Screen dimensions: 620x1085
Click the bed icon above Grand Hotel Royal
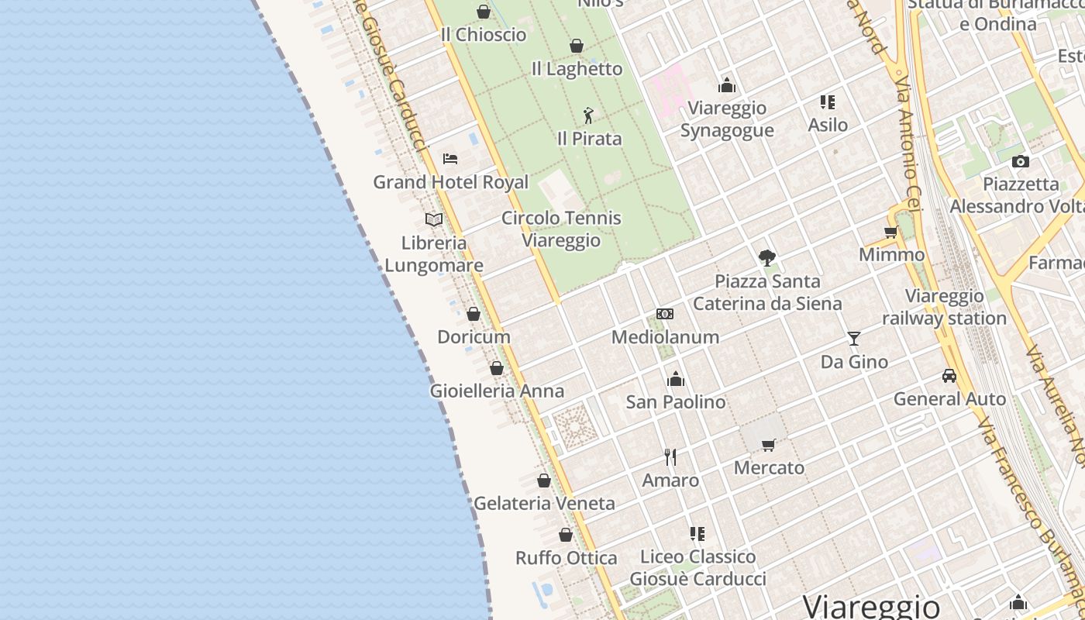coord(450,159)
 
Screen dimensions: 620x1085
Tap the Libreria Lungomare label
coord(434,254)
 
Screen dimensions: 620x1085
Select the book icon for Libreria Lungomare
coord(434,220)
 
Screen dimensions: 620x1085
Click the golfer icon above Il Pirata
coord(589,115)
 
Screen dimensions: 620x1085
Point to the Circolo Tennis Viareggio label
coord(561,229)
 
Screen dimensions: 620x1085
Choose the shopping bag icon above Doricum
coord(474,314)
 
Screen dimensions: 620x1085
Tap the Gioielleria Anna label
coord(497,391)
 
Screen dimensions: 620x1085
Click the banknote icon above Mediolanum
coord(665,314)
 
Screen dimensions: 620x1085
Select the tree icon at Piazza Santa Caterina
coord(767,257)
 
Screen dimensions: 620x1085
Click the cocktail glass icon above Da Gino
coord(854,339)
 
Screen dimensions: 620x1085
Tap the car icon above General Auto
coord(949,376)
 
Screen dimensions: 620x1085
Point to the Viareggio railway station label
coord(944,307)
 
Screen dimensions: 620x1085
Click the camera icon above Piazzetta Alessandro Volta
coord(1021,161)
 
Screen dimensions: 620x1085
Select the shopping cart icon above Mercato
coord(769,445)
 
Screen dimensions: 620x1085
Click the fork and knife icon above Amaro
coord(670,457)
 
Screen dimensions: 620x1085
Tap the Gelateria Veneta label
coord(544,504)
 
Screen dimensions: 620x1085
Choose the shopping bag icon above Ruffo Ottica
coord(566,535)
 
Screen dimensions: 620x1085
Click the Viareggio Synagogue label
coord(727,119)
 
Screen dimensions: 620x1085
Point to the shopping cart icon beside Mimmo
coord(891,232)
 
